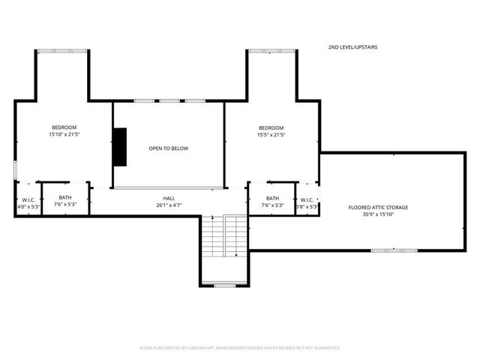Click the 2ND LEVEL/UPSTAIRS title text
coord(352,47)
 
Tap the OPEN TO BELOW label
coord(169,148)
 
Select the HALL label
coord(169,198)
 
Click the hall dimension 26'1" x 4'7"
coord(169,205)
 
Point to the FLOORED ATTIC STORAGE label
coord(378,207)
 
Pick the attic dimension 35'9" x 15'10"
coord(378,214)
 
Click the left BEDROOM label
coord(64,127)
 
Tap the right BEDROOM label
coord(271,127)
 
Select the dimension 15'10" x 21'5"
coord(64,134)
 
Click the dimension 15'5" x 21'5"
coord(271,134)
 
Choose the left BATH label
coord(65,198)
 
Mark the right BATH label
coord(271,198)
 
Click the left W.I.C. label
coord(28,199)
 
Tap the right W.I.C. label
coord(307,199)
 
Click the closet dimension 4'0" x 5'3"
coord(27,206)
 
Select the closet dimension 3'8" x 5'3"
coord(307,206)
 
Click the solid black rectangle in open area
coord(119,146)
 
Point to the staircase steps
coord(224,236)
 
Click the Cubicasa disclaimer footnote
coord(240,348)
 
